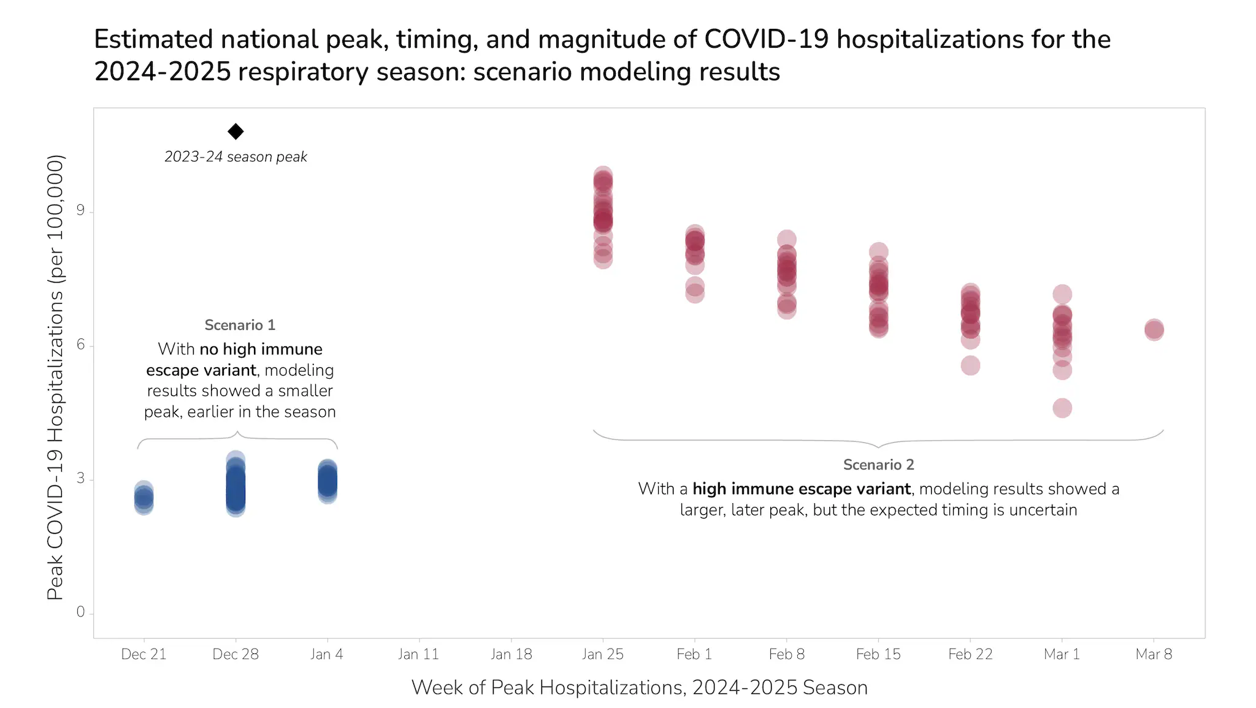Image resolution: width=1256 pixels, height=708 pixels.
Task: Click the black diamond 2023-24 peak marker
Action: (235, 131)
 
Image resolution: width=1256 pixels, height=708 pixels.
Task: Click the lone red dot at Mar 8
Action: (1154, 330)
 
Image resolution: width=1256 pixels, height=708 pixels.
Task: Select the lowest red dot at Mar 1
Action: (1062, 408)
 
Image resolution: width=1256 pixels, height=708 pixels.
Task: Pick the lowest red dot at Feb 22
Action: (970, 366)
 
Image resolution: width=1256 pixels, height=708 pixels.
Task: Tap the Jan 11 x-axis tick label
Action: (418, 654)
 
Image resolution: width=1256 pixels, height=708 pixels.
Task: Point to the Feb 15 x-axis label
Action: (878, 654)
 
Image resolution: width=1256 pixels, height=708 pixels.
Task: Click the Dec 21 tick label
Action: (144, 654)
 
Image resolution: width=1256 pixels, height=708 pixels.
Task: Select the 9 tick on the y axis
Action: (80, 211)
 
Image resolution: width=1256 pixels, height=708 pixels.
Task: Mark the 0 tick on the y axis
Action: (80, 612)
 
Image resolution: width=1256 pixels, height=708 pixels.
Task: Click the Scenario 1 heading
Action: (240, 325)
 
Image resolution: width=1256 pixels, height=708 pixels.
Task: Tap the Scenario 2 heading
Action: (878, 465)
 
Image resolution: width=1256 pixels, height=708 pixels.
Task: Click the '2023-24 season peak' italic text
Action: (235, 157)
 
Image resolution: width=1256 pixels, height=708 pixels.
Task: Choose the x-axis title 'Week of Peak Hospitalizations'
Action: (639, 688)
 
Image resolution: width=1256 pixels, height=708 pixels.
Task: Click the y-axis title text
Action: (55, 377)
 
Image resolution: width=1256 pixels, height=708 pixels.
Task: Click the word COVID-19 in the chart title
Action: (766, 39)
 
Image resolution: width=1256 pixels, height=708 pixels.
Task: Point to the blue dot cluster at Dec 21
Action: (144, 498)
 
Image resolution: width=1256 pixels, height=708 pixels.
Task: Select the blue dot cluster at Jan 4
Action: (327, 481)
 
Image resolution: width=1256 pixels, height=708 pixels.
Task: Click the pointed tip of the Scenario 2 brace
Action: (878, 446)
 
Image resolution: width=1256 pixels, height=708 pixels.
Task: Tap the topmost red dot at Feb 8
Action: (786, 240)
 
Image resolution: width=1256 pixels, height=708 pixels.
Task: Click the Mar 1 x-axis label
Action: (1062, 654)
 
